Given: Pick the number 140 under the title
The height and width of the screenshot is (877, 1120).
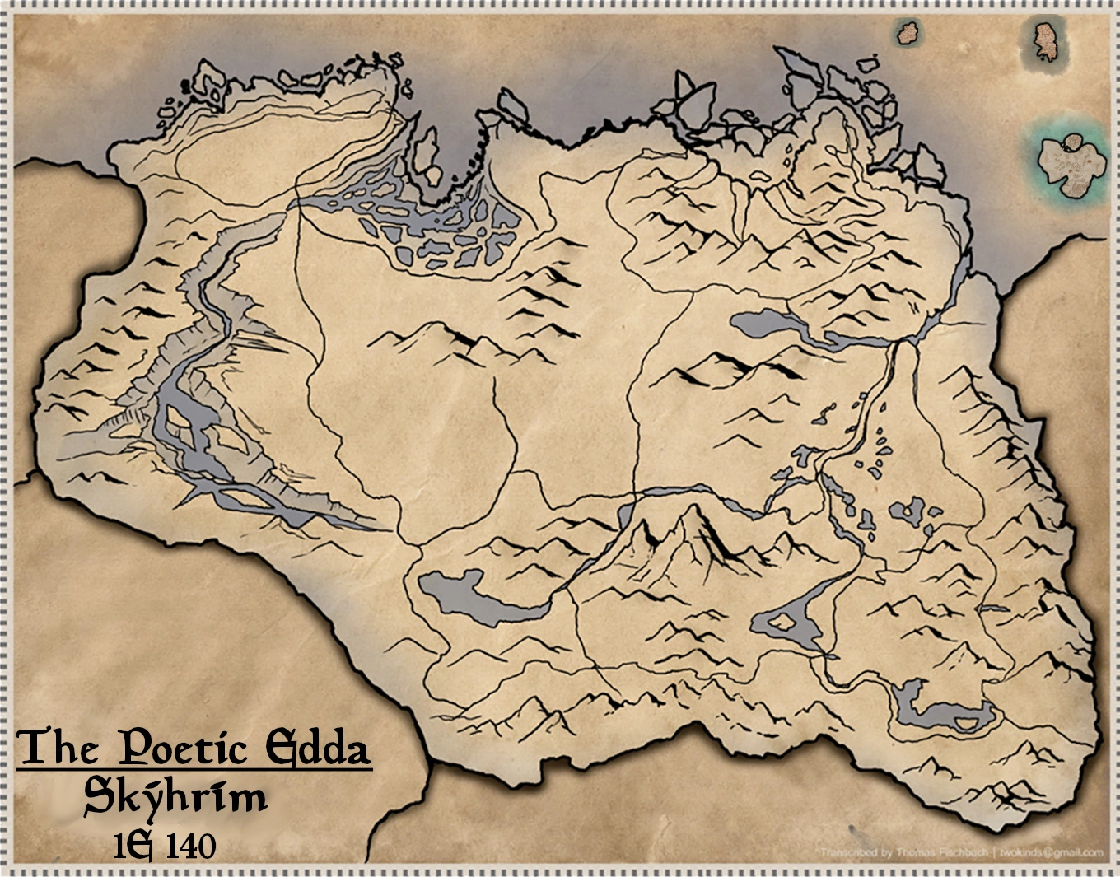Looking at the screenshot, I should [190, 846].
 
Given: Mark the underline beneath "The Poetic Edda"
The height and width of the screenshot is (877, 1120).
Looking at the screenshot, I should [194, 771].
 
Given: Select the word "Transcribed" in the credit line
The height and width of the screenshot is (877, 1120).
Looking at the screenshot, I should [848, 852].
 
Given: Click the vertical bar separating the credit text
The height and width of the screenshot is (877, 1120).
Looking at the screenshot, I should [995, 852].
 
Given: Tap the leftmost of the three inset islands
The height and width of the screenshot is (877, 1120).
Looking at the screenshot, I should [908, 33].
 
